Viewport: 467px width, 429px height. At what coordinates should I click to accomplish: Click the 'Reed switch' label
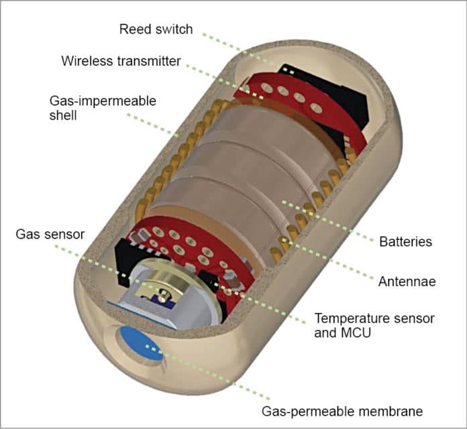[155, 29]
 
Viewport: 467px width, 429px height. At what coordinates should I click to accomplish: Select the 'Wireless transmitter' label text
[121, 61]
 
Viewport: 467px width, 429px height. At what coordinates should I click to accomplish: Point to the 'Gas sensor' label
[50, 234]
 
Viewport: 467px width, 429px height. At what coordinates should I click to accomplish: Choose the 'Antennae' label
[407, 282]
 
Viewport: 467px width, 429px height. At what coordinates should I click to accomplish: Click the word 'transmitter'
[148, 61]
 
